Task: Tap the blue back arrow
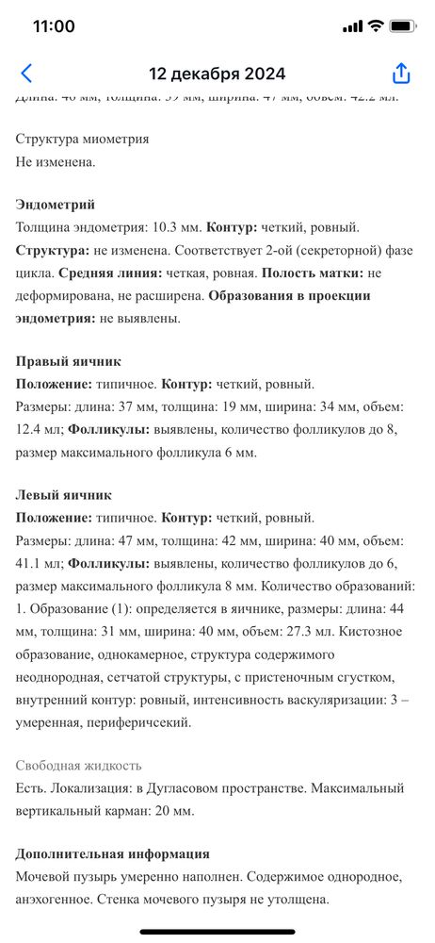26,74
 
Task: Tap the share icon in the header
401,74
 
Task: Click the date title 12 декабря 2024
217,74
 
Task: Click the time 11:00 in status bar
54,26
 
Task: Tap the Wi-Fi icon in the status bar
376,26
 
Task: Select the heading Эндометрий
56,204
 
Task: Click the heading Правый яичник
69,361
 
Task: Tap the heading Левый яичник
64,494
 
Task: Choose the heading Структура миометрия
83,139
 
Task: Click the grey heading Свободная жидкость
79,765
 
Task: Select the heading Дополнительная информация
113,853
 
